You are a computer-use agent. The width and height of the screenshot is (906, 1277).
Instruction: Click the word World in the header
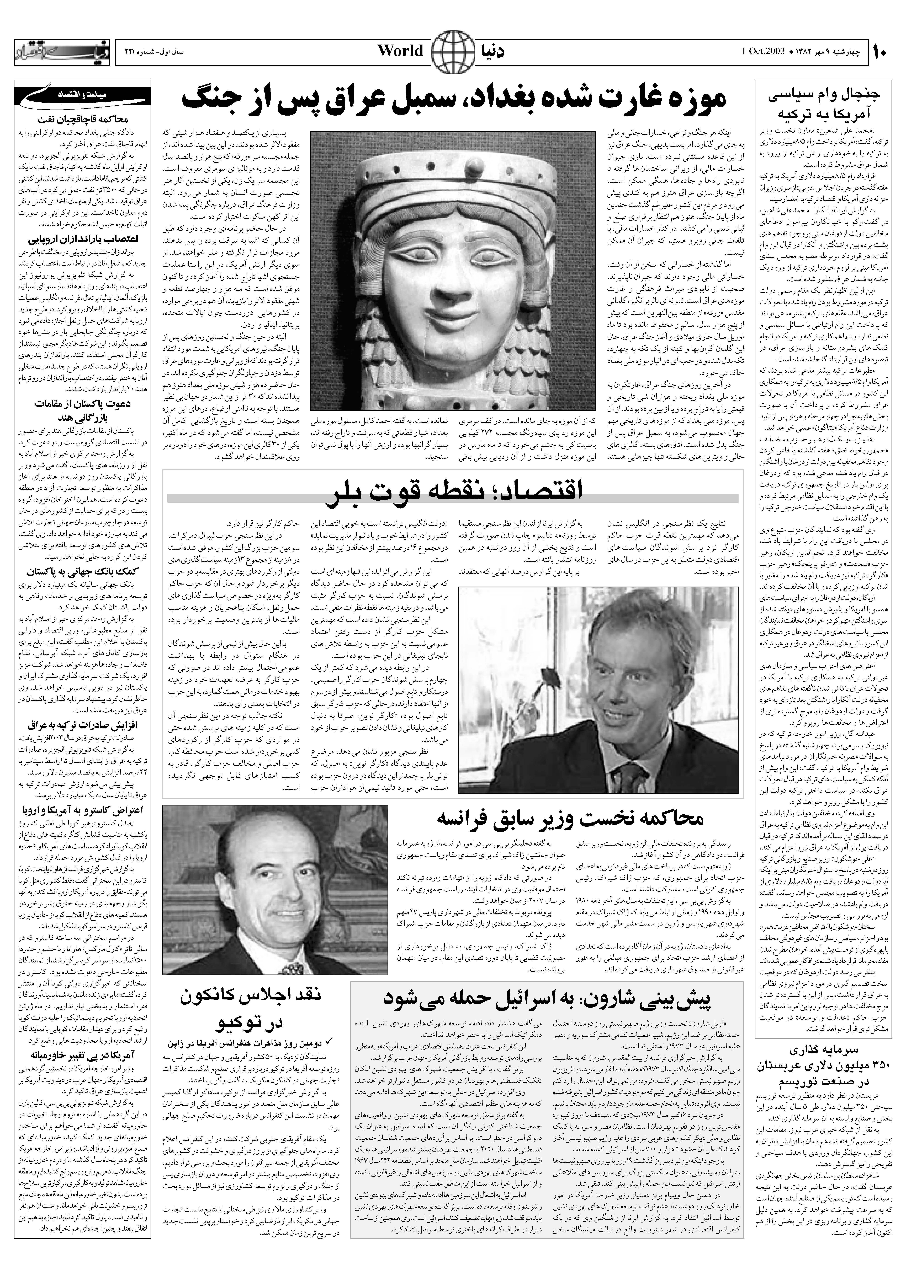401,51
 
